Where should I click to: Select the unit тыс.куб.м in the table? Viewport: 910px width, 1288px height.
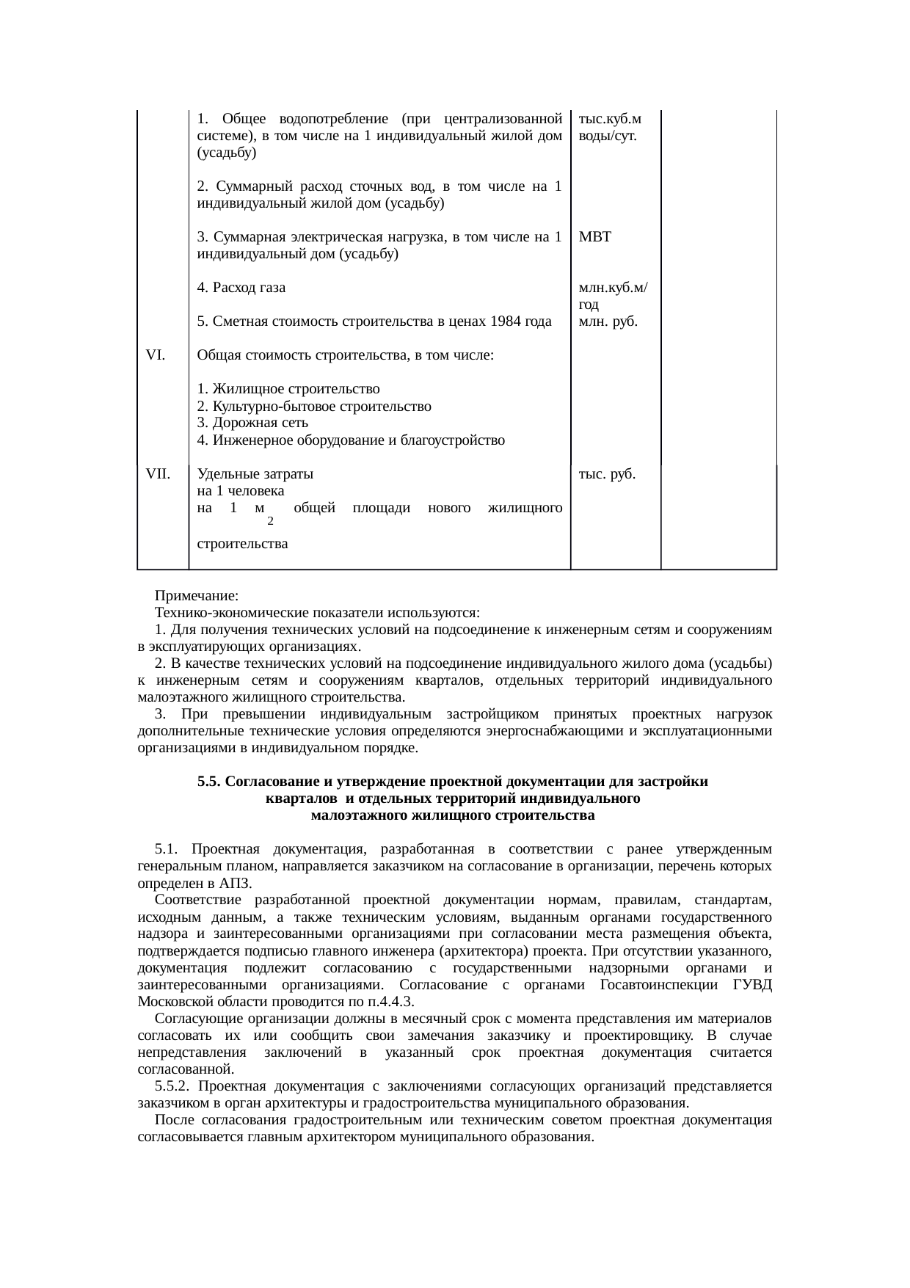610,119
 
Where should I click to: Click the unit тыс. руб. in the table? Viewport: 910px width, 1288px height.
607,474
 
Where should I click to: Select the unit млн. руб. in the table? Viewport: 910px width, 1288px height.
608,321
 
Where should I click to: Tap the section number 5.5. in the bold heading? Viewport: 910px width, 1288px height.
210,782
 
